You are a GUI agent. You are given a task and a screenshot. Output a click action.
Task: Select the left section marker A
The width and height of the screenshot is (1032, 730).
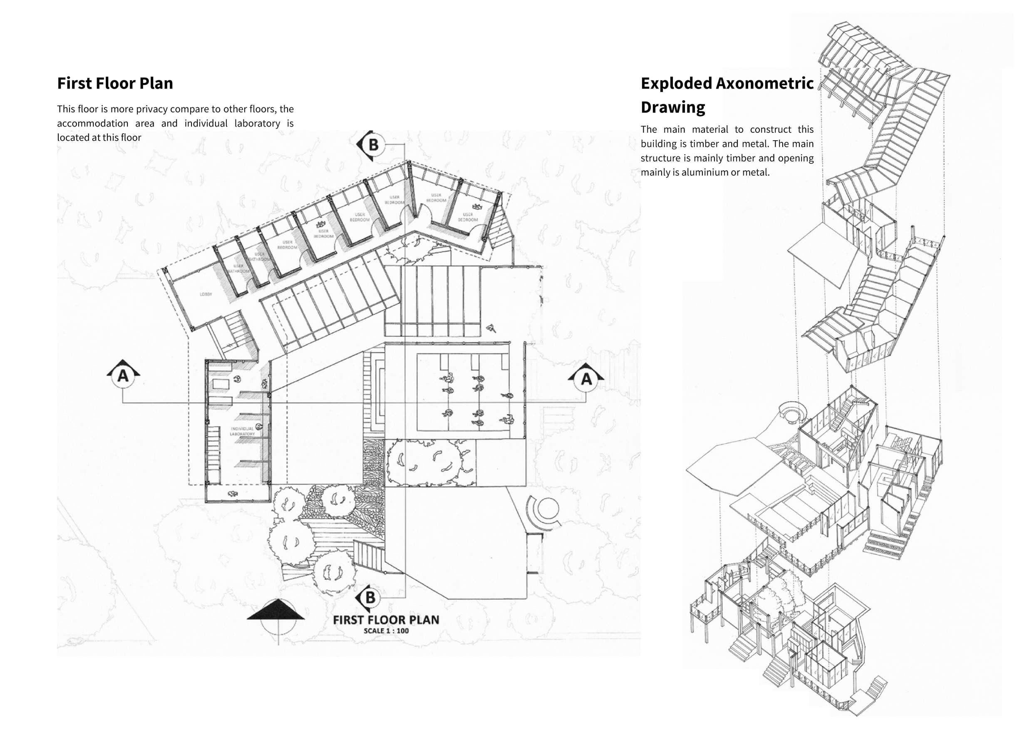(x=123, y=375)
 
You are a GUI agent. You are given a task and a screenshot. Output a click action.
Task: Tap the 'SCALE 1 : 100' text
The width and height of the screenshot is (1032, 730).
(x=386, y=631)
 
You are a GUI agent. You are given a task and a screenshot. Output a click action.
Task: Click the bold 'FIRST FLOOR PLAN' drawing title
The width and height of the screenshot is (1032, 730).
(x=386, y=620)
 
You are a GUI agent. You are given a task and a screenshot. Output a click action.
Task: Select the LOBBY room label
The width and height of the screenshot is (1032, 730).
(x=206, y=294)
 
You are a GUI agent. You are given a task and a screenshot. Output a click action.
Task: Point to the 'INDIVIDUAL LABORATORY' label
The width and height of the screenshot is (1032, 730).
(x=242, y=431)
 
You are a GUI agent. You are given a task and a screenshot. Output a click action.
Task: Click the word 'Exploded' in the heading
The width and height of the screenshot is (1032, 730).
(x=675, y=84)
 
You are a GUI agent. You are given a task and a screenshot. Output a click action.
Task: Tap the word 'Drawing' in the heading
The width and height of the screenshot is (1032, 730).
(x=673, y=107)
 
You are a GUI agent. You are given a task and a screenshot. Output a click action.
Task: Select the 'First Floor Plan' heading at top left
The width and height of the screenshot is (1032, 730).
(x=115, y=84)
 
